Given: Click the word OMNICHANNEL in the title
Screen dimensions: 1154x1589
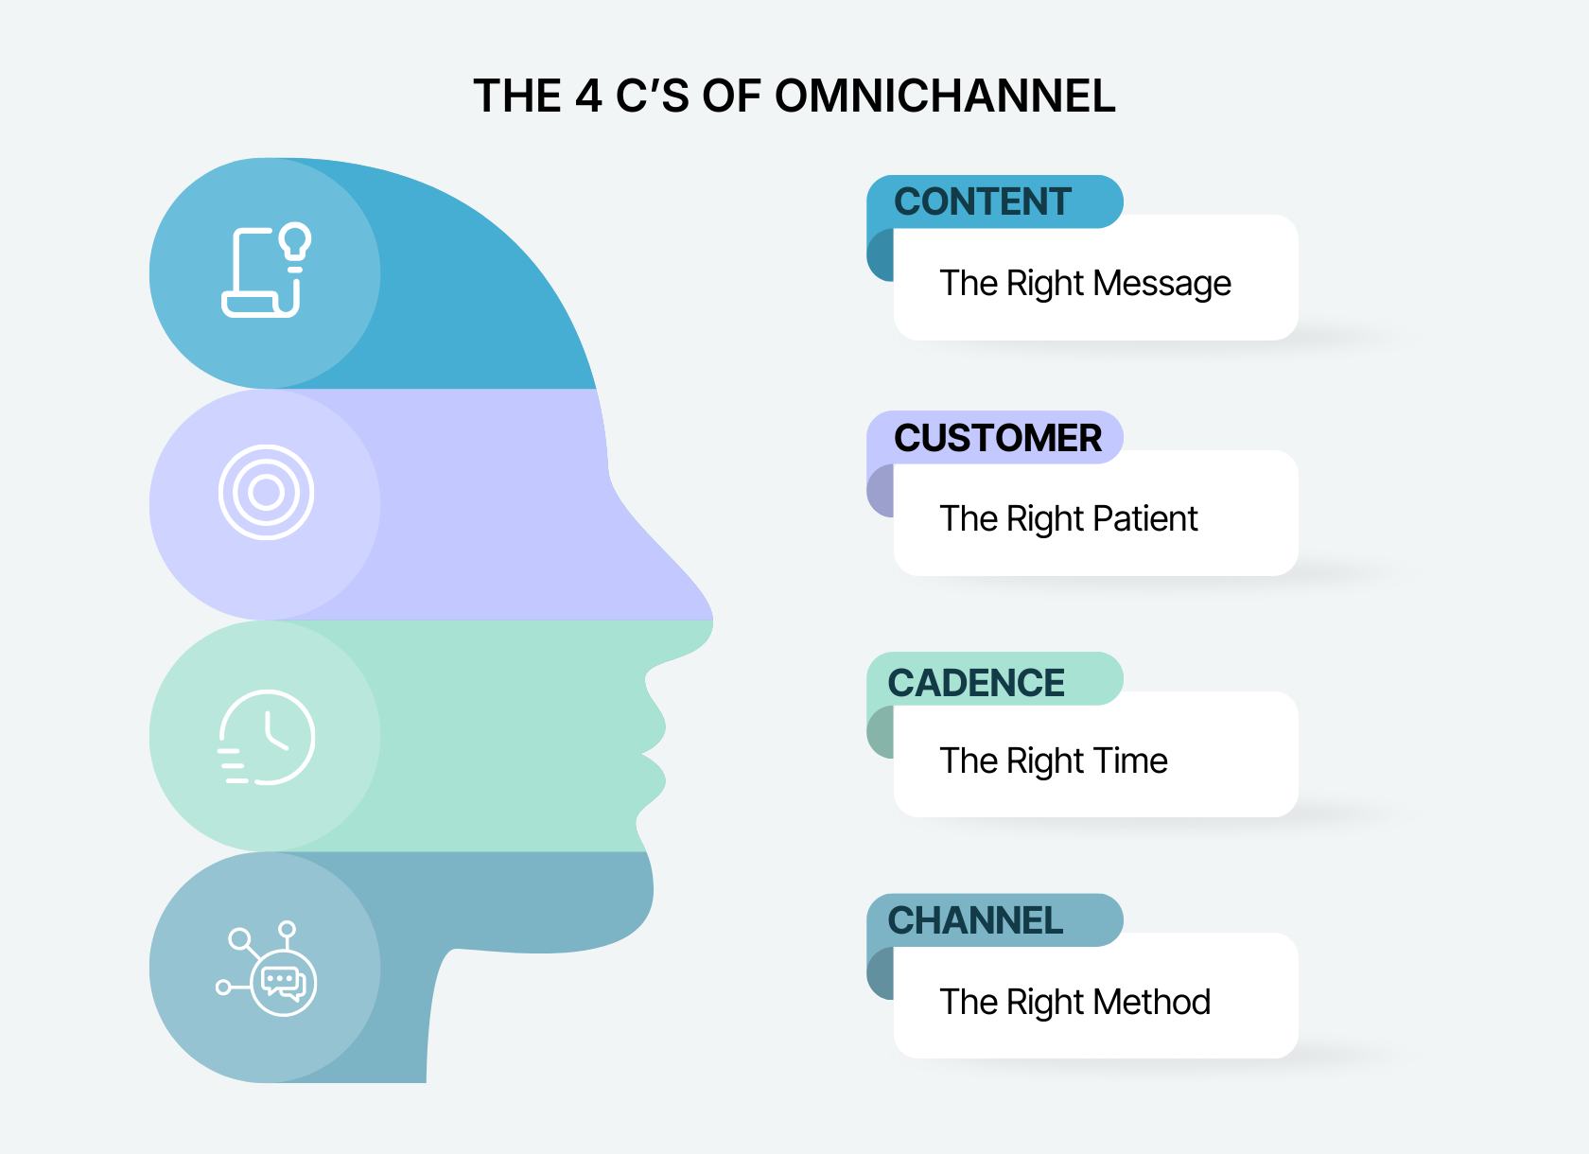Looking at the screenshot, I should [945, 96].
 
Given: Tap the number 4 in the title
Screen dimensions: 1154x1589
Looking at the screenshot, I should [588, 96].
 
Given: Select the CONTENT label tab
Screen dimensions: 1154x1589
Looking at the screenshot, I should [984, 201].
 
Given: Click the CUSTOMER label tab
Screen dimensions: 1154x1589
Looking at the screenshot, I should [997, 438].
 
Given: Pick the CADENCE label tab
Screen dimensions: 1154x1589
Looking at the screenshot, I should [976, 683].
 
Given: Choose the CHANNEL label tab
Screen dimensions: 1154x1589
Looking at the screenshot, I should [975, 920].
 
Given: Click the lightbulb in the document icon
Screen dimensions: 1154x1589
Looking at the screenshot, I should [296, 242].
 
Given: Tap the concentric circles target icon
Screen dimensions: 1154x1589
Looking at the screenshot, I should [266, 492].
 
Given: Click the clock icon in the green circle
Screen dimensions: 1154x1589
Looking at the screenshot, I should [268, 737].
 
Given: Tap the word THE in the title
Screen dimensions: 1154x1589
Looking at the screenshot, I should [517, 96].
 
